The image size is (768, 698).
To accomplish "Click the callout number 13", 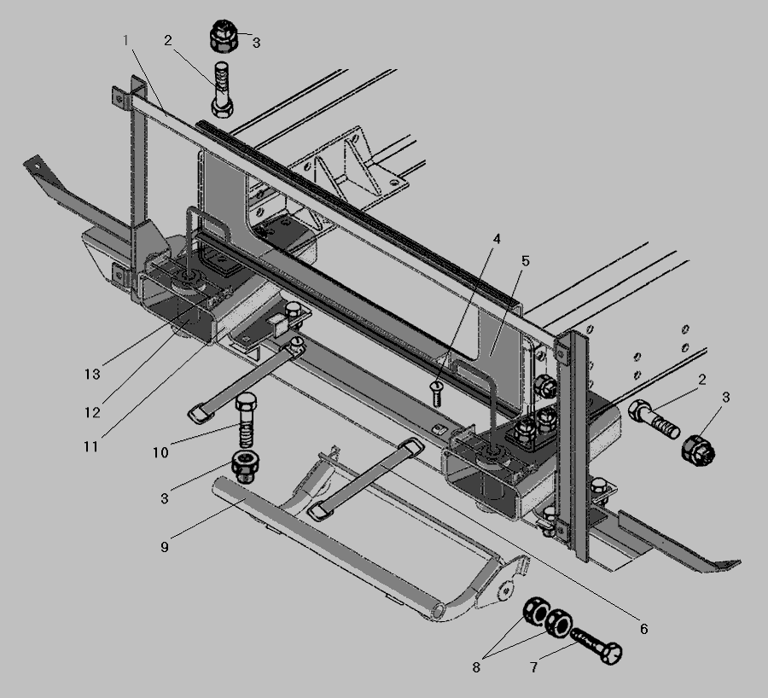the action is pos(92,375).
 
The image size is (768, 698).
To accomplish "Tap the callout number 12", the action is pos(92,413).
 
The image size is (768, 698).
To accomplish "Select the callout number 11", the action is pos(91,447).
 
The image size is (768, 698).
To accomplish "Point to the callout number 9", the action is pos(165,547).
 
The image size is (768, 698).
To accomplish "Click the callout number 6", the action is pos(643,628).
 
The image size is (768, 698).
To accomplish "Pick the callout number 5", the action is pos(526,261).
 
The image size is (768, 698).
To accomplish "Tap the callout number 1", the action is pos(126,40).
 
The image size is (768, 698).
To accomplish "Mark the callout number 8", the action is pos(476,667).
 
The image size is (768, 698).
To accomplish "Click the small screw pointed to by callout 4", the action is pos(436,393).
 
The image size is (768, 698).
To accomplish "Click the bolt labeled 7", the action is pos(596,646).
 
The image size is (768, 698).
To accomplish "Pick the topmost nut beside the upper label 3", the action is pos(224,36).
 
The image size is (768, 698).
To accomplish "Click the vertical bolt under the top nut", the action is pos(223,90).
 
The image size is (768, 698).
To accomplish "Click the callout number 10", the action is pos(160,452).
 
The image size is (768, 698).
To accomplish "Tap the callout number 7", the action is pos(534,667).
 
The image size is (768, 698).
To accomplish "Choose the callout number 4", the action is pos(497,240).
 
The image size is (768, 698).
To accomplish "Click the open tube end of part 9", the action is pos(439,612).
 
